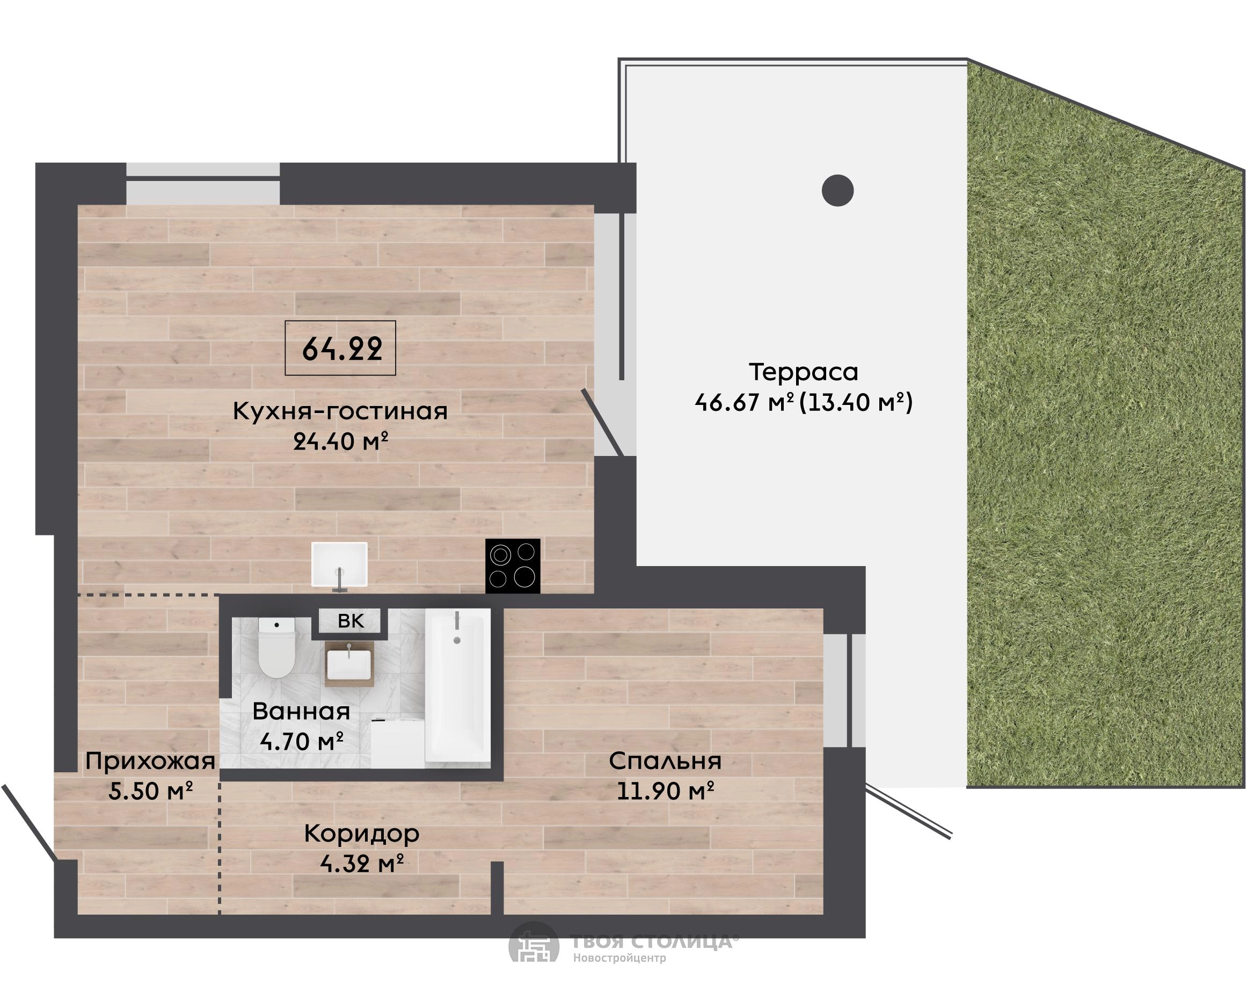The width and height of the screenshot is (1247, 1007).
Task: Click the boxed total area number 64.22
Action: (x=341, y=349)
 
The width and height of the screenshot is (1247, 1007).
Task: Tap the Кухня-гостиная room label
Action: (x=340, y=411)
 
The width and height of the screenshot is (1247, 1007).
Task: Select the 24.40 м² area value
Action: (x=340, y=442)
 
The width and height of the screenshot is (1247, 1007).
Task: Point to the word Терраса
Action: (x=803, y=372)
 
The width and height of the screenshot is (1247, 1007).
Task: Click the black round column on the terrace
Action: (x=838, y=190)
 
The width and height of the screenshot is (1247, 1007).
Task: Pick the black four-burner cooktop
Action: (x=513, y=566)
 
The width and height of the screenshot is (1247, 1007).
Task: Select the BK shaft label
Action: (x=350, y=621)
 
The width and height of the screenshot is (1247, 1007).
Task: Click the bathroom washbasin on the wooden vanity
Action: (x=349, y=663)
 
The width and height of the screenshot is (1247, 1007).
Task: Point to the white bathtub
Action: (x=458, y=688)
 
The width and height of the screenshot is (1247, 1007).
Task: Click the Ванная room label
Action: (x=302, y=711)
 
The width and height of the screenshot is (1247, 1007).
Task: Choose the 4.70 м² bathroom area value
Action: (x=302, y=742)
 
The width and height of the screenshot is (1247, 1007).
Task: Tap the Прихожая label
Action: (x=150, y=761)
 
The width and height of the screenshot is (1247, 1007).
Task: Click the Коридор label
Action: (x=362, y=834)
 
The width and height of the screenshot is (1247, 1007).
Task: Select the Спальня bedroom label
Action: (x=665, y=761)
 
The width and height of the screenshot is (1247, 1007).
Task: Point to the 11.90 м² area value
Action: (x=665, y=791)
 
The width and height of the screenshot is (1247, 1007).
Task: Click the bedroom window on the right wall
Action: (x=845, y=690)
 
